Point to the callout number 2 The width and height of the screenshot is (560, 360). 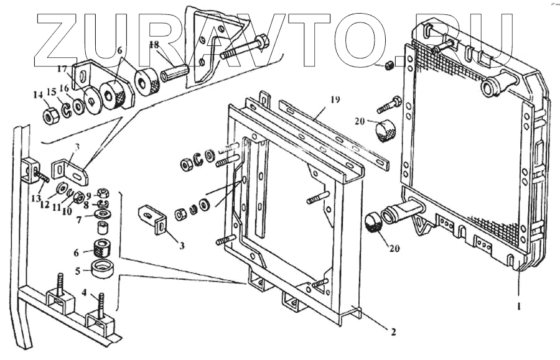393,331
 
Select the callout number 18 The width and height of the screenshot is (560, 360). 154,45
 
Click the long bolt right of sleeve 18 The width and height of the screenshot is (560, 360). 243,49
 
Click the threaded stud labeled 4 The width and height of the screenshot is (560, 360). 99,310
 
